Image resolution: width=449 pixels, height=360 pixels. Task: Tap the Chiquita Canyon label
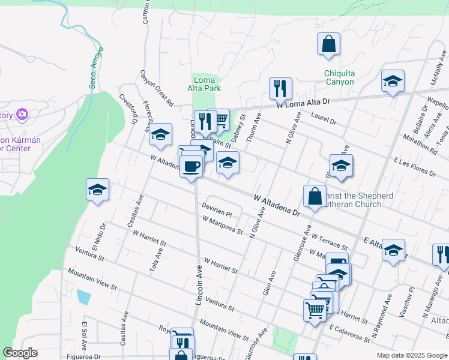[x=340, y=77]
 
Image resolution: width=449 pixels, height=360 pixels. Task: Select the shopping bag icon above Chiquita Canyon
[x=329, y=44]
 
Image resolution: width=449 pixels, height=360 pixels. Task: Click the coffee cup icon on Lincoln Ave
[x=191, y=166]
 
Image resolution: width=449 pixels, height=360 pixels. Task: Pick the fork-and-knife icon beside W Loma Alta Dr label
[x=280, y=89]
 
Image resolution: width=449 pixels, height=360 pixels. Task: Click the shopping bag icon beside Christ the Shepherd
[x=315, y=196]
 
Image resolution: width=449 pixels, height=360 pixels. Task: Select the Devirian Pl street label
[x=217, y=212]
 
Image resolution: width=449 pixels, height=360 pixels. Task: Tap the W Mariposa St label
[x=222, y=226]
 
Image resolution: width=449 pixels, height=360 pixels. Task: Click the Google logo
[x=20, y=353]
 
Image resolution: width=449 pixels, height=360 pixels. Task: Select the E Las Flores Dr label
[x=414, y=167]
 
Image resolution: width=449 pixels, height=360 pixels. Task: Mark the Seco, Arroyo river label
[x=97, y=68]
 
